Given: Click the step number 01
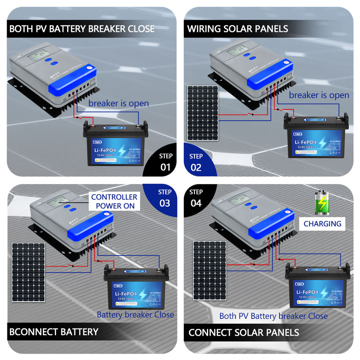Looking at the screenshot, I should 165,167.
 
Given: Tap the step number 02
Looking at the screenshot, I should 196,167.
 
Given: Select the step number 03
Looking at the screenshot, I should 165,203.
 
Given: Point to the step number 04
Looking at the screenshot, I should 196,203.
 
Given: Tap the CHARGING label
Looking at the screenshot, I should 322,224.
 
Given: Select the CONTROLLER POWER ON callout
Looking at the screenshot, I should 115,201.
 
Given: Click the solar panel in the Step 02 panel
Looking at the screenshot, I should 202,113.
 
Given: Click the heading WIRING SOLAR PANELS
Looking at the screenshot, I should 238,29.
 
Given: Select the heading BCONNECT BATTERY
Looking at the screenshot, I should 54,332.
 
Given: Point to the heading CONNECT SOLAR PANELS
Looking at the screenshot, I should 244,333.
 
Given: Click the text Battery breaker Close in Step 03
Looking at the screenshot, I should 135,315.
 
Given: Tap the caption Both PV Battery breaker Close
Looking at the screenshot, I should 273,316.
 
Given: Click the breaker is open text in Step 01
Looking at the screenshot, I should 118,104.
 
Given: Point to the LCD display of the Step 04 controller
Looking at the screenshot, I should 239,200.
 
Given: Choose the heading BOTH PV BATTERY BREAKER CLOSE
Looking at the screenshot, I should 82,29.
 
